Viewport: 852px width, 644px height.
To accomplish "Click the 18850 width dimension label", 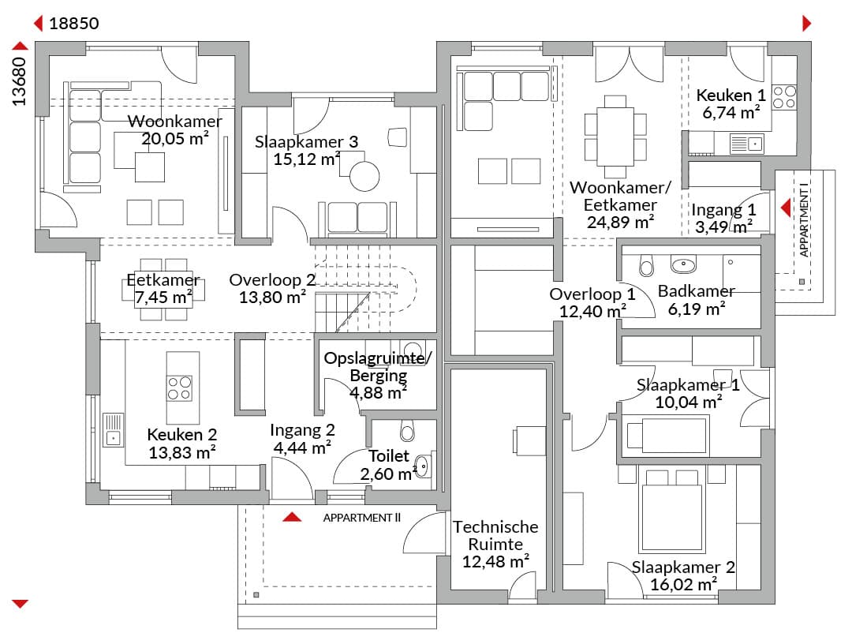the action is (x=74, y=24).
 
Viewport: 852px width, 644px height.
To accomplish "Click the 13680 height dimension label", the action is (x=19, y=81).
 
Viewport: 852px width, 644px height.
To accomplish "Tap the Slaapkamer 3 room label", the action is (x=306, y=142).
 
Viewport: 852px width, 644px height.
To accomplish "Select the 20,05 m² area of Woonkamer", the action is (x=175, y=139).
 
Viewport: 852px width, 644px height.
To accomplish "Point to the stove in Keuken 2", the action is (x=179, y=388).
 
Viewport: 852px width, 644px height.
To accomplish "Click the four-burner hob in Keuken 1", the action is (x=784, y=97).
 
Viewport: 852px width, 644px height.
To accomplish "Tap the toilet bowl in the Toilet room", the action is (x=407, y=430).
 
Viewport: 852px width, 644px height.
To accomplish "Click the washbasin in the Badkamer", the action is (x=683, y=264).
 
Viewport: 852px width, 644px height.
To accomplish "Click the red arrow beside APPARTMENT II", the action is (x=292, y=517).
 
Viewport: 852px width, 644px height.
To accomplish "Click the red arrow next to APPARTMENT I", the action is (x=786, y=208).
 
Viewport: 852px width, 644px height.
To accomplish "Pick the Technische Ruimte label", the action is (x=495, y=535).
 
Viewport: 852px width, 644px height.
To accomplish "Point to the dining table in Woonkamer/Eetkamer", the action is (x=615, y=137).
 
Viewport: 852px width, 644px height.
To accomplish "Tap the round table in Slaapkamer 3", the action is (x=364, y=176).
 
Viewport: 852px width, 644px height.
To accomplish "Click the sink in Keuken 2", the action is (x=113, y=430).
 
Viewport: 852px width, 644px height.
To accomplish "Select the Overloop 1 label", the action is (x=592, y=294).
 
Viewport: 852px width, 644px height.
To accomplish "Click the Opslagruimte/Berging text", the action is (x=378, y=367).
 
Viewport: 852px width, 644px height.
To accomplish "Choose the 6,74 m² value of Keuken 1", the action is (x=731, y=113).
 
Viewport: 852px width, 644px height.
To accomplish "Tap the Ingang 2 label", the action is (x=302, y=430).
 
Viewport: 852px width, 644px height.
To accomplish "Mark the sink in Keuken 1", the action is (x=745, y=144).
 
